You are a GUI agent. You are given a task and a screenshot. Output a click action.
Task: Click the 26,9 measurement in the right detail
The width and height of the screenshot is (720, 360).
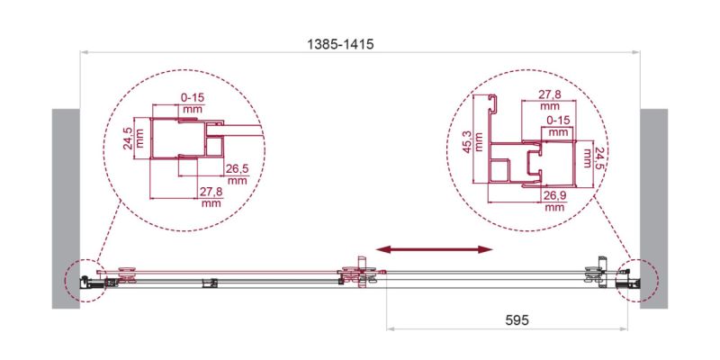[554, 196]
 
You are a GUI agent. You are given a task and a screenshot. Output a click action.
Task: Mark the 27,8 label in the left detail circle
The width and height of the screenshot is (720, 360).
[212, 193]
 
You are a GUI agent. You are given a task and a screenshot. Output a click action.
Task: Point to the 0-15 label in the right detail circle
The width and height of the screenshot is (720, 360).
[558, 120]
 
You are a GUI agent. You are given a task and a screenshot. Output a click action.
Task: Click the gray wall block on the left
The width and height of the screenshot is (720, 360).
[67, 208]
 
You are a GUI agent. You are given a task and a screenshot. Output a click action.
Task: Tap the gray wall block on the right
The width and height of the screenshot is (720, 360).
[653, 208]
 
